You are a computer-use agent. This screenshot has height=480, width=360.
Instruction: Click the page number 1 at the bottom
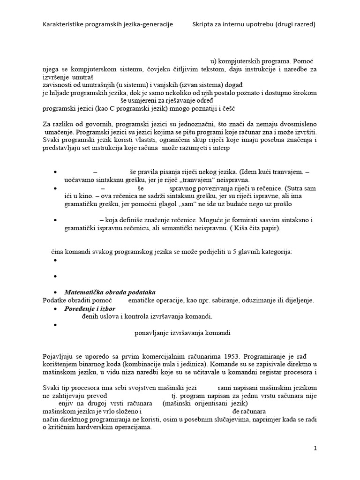[315, 449]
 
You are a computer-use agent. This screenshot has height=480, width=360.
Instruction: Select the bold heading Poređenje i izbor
[90, 308]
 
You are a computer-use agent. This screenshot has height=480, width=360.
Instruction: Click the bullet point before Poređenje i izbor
[56, 309]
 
